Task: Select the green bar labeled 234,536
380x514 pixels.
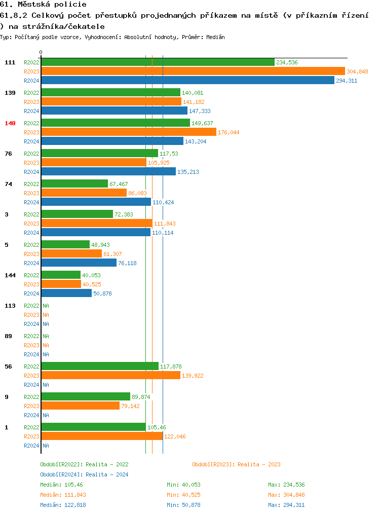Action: (x=158, y=62)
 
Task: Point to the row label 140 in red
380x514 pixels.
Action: (x=10, y=123)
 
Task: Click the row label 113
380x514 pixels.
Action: (x=10, y=306)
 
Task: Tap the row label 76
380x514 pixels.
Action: (x=8, y=154)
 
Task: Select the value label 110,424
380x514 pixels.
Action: (x=163, y=202)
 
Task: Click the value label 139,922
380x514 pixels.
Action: (x=193, y=376)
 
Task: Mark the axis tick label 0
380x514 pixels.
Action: (x=41, y=52)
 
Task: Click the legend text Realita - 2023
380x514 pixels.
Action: (x=259, y=464)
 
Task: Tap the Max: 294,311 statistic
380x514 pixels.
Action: (x=286, y=505)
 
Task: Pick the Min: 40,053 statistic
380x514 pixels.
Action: (x=185, y=485)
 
